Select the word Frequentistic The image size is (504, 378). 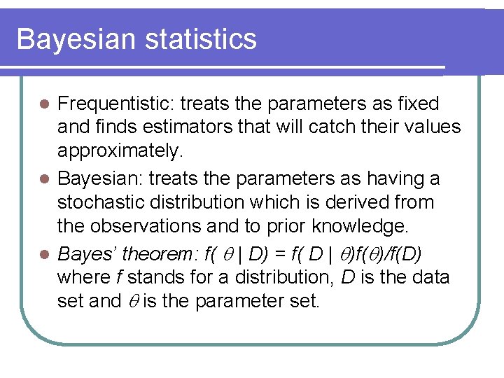[115, 104]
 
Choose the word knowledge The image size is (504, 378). [371, 227]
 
